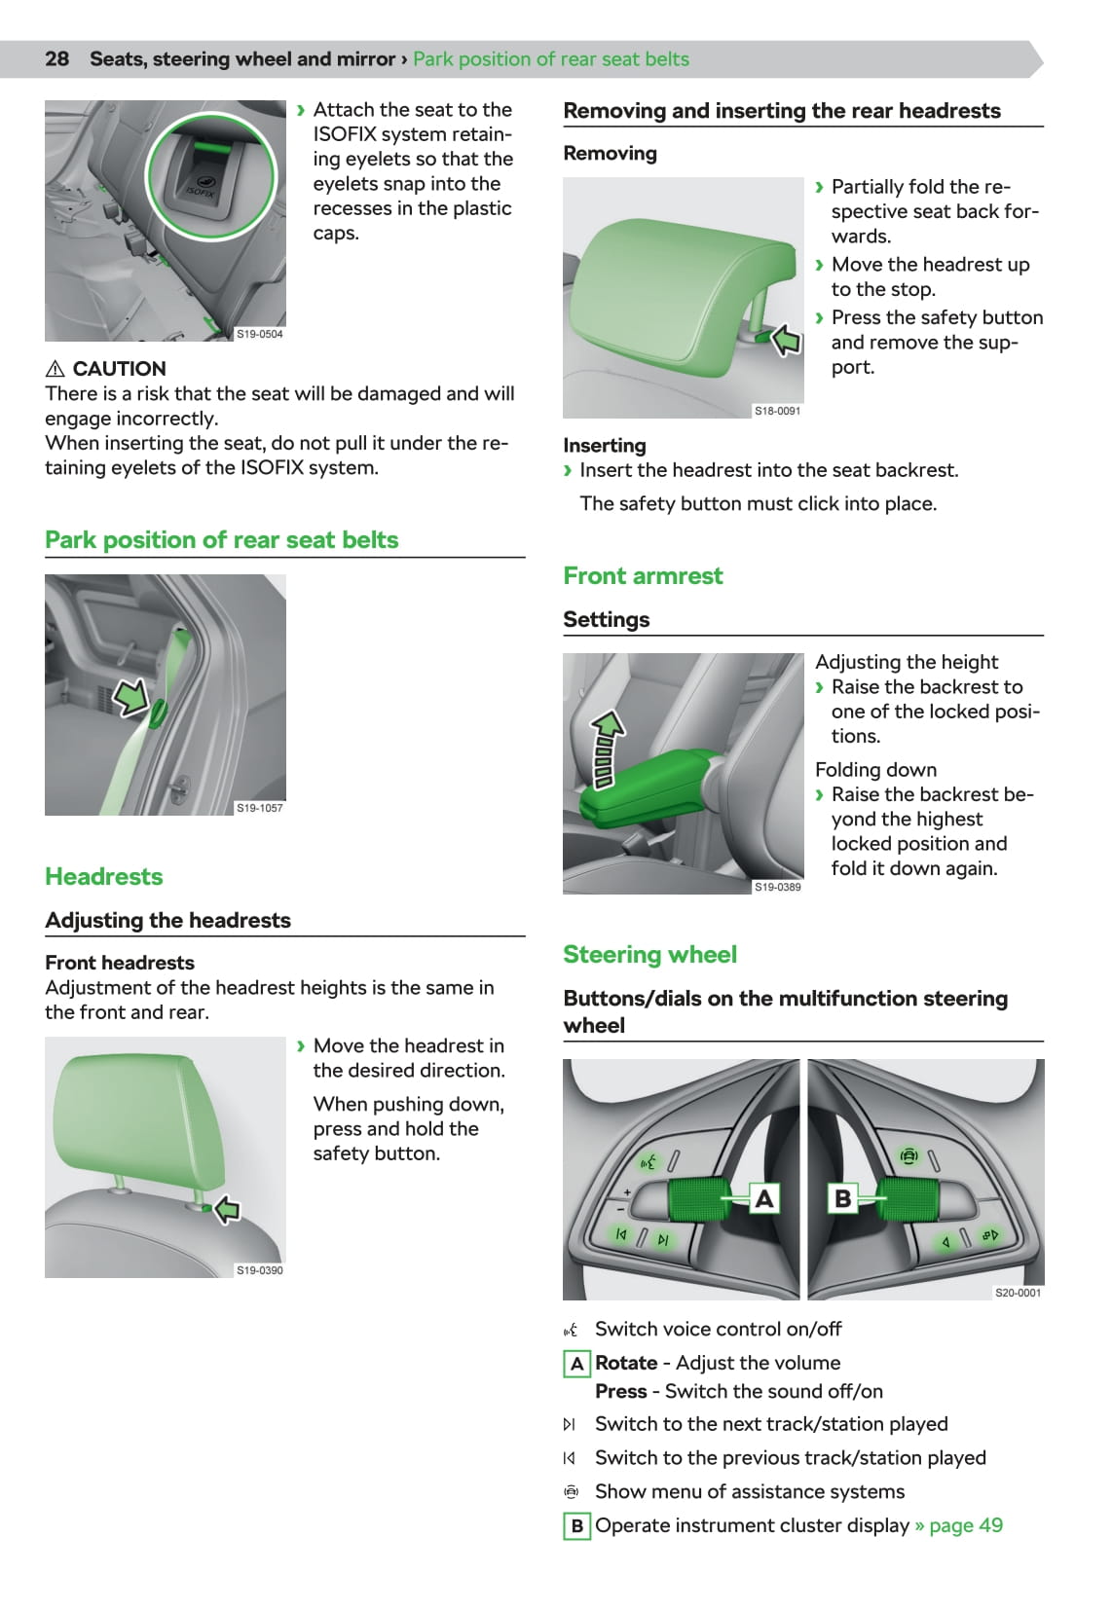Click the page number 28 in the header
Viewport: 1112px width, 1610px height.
56,58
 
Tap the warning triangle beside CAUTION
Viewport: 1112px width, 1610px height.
56,369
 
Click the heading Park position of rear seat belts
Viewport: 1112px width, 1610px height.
221,540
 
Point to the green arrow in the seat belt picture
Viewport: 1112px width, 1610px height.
130,697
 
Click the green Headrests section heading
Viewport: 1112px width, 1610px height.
104,877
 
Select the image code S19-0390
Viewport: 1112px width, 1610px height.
259,1270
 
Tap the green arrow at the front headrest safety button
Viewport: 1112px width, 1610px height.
227,1210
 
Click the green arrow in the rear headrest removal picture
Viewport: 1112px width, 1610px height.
785,340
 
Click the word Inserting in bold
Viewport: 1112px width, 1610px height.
605,446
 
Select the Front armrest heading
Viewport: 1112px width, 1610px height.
643,576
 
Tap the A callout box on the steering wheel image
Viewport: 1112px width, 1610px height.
764,1198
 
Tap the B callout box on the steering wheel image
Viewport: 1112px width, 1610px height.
843,1198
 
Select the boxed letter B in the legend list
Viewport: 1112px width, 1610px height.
576,1525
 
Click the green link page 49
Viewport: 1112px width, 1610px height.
965,1525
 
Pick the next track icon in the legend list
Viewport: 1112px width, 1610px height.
570,1424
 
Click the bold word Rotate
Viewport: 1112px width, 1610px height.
626,1363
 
